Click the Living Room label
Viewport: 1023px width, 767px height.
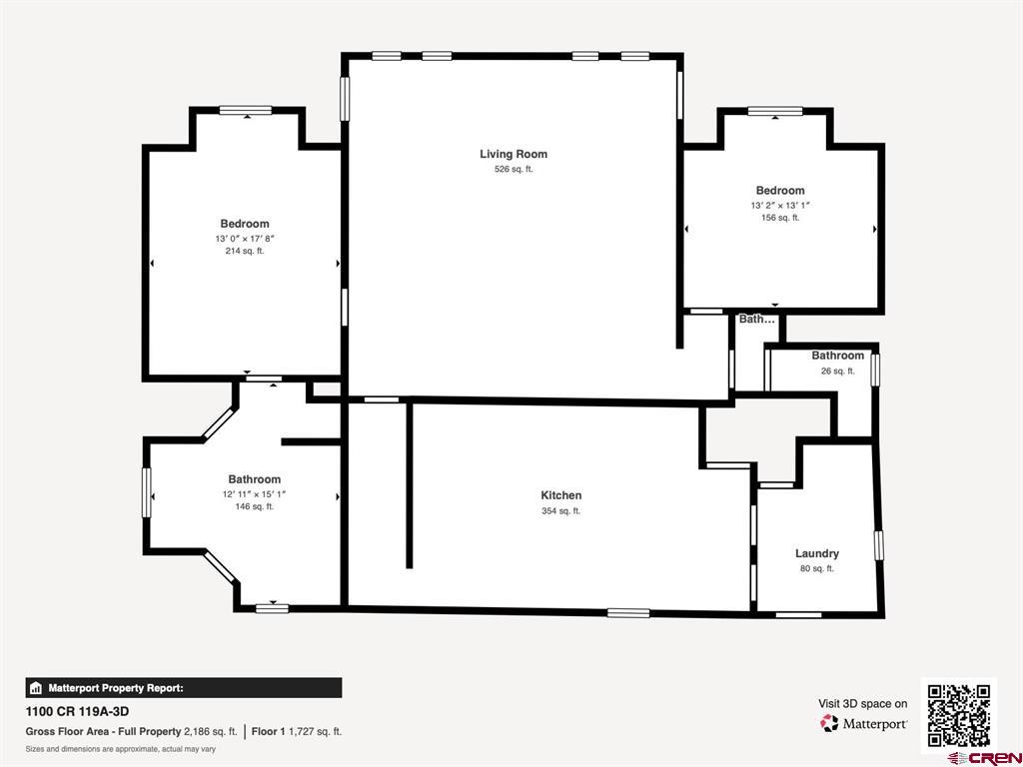513,154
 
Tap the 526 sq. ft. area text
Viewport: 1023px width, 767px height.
513,169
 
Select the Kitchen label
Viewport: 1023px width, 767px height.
561,495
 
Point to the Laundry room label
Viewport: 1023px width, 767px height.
817,553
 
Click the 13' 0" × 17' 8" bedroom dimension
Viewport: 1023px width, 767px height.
245,239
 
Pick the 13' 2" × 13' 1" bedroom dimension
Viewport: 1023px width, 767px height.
779,205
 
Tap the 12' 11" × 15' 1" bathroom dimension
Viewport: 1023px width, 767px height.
255,494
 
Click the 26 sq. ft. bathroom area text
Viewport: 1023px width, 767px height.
838,372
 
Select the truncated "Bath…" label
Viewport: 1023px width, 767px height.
757,320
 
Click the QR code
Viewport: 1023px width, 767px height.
958,715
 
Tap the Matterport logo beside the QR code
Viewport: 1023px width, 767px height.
863,723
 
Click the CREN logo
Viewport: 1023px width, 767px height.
985,758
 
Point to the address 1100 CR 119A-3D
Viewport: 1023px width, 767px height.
72,711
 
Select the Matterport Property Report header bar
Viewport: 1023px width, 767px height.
184,688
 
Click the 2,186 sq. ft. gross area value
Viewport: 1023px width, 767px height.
211,732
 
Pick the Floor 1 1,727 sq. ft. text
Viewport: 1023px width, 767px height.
296,732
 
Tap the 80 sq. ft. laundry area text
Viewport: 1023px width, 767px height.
817,568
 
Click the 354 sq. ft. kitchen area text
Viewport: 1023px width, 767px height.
561,511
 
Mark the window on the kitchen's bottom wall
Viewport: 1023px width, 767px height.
628,612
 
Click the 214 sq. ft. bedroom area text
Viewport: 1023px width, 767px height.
245,251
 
